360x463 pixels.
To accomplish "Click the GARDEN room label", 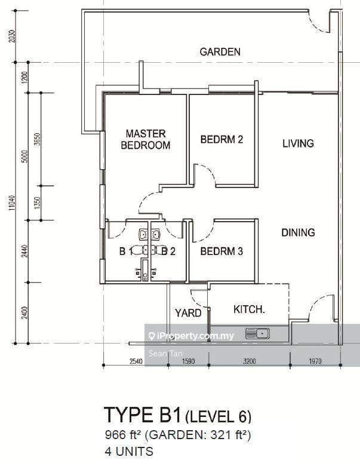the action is pyautogui.click(x=220, y=52).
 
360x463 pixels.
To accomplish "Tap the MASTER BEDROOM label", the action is pyautogui.click(x=146, y=139).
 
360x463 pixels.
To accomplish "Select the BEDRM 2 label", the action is pyautogui.click(x=221, y=139).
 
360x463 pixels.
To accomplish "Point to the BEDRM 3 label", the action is pyautogui.click(x=221, y=252).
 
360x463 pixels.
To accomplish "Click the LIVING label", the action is pyautogui.click(x=298, y=143).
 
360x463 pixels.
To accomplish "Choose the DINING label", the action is pyautogui.click(x=298, y=232).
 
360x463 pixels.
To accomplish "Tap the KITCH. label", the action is pyautogui.click(x=249, y=309).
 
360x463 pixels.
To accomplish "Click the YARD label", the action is pyautogui.click(x=188, y=313).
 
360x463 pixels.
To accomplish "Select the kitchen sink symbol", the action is pyautogui.click(x=257, y=334).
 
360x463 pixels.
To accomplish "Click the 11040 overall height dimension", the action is pyautogui.click(x=12, y=203).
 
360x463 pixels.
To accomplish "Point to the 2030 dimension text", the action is pyautogui.click(x=12, y=36).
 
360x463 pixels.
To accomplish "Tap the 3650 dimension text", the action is pyautogui.click(x=38, y=139).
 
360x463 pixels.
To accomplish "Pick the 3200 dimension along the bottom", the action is pyautogui.click(x=250, y=361).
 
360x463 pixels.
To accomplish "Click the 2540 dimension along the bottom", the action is pyautogui.click(x=136, y=361).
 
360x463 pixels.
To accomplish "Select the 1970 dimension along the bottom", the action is pyautogui.click(x=315, y=361).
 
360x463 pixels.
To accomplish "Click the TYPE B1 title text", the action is pyautogui.click(x=142, y=415).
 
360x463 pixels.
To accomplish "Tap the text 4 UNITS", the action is pyautogui.click(x=129, y=452).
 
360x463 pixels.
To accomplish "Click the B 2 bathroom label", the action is pyautogui.click(x=168, y=252).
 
